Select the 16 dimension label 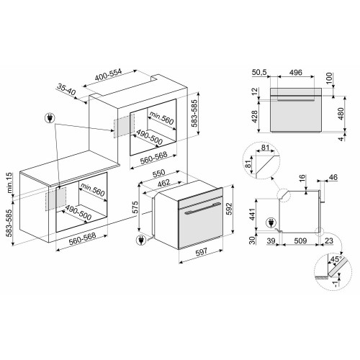[x=302, y=176]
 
